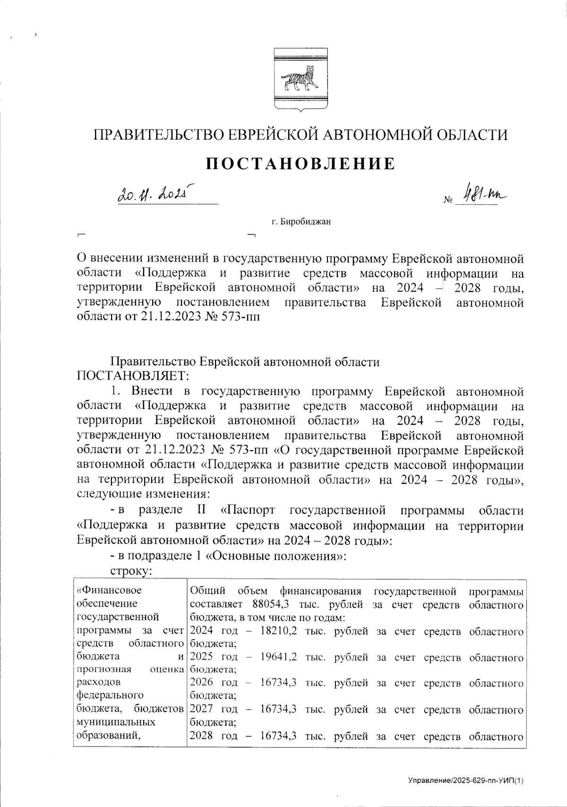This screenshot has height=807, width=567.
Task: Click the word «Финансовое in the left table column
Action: point(109,591)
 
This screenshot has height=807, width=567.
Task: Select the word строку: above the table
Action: point(130,571)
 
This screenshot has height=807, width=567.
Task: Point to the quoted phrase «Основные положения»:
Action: point(278,556)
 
